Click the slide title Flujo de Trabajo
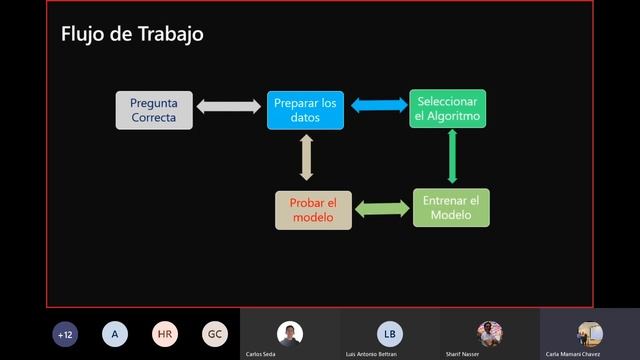pyautogui.click(x=132, y=34)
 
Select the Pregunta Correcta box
pyautogui.click(x=153, y=110)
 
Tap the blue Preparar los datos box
pyautogui.click(x=305, y=110)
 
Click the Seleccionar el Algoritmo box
pyautogui.click(x=447, y=109)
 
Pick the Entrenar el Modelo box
pyautogui.click(x=451, y=207)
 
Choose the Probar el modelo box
pyautogui.click(x=313, y=209)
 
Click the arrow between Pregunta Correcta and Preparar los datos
pyautogui.click(x=228, y=106)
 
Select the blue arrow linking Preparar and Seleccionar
pyautogui.click(x=377, y=105)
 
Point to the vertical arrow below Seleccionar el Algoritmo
pyautogui.click(x=452, y=157)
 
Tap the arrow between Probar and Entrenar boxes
pyautogui.click(x=382, y=209)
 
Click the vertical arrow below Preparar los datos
pyautogui.click(x=307, y=157)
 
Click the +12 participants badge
pyautogui.click(x=67, y=334)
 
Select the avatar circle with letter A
pyautogui.click(x=115, y=334)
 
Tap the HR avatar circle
pyautogui.click(x=165, y=334)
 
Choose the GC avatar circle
pyautogui.click(x=214, y=334)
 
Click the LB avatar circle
pyautogui.click(x=390, y=333)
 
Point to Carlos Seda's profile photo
pyautogui.click(x=290, y=333)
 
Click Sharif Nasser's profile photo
pyautogui.click(x=490, y=333)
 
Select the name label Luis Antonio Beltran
pyautogui.click(x=371, y=354)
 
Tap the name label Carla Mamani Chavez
pyautogui.click(x=573, y=354)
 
